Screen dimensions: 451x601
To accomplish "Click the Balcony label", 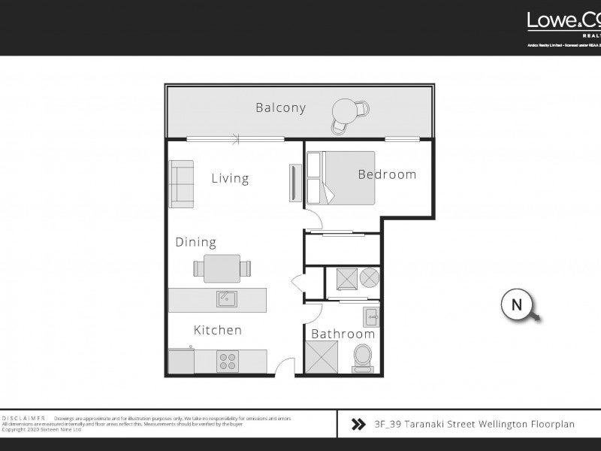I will [x=280, y=107].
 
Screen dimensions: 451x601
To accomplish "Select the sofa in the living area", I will [x=180, y=183].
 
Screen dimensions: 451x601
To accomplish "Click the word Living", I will [x=229, y=179].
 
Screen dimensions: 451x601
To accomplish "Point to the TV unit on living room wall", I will [x=293, y=182].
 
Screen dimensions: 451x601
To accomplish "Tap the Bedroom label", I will [x=386, y=174].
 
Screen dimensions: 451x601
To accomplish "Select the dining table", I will [x=222, y=268].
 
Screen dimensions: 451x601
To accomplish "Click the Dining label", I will [x=195, y=242].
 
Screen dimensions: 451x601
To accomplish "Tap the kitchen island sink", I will [x=227, y=299].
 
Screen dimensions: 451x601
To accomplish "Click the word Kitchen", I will [x=217, y=330].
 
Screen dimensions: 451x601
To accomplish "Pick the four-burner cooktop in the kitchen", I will [x=228, y=361].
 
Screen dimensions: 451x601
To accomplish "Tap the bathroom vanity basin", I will [x=370, y=315].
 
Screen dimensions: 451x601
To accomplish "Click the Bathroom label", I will [x=343, y=334].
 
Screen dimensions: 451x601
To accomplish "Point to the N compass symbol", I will [x=517, y=304].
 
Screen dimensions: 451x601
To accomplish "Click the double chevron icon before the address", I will [x=359, y=425].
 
